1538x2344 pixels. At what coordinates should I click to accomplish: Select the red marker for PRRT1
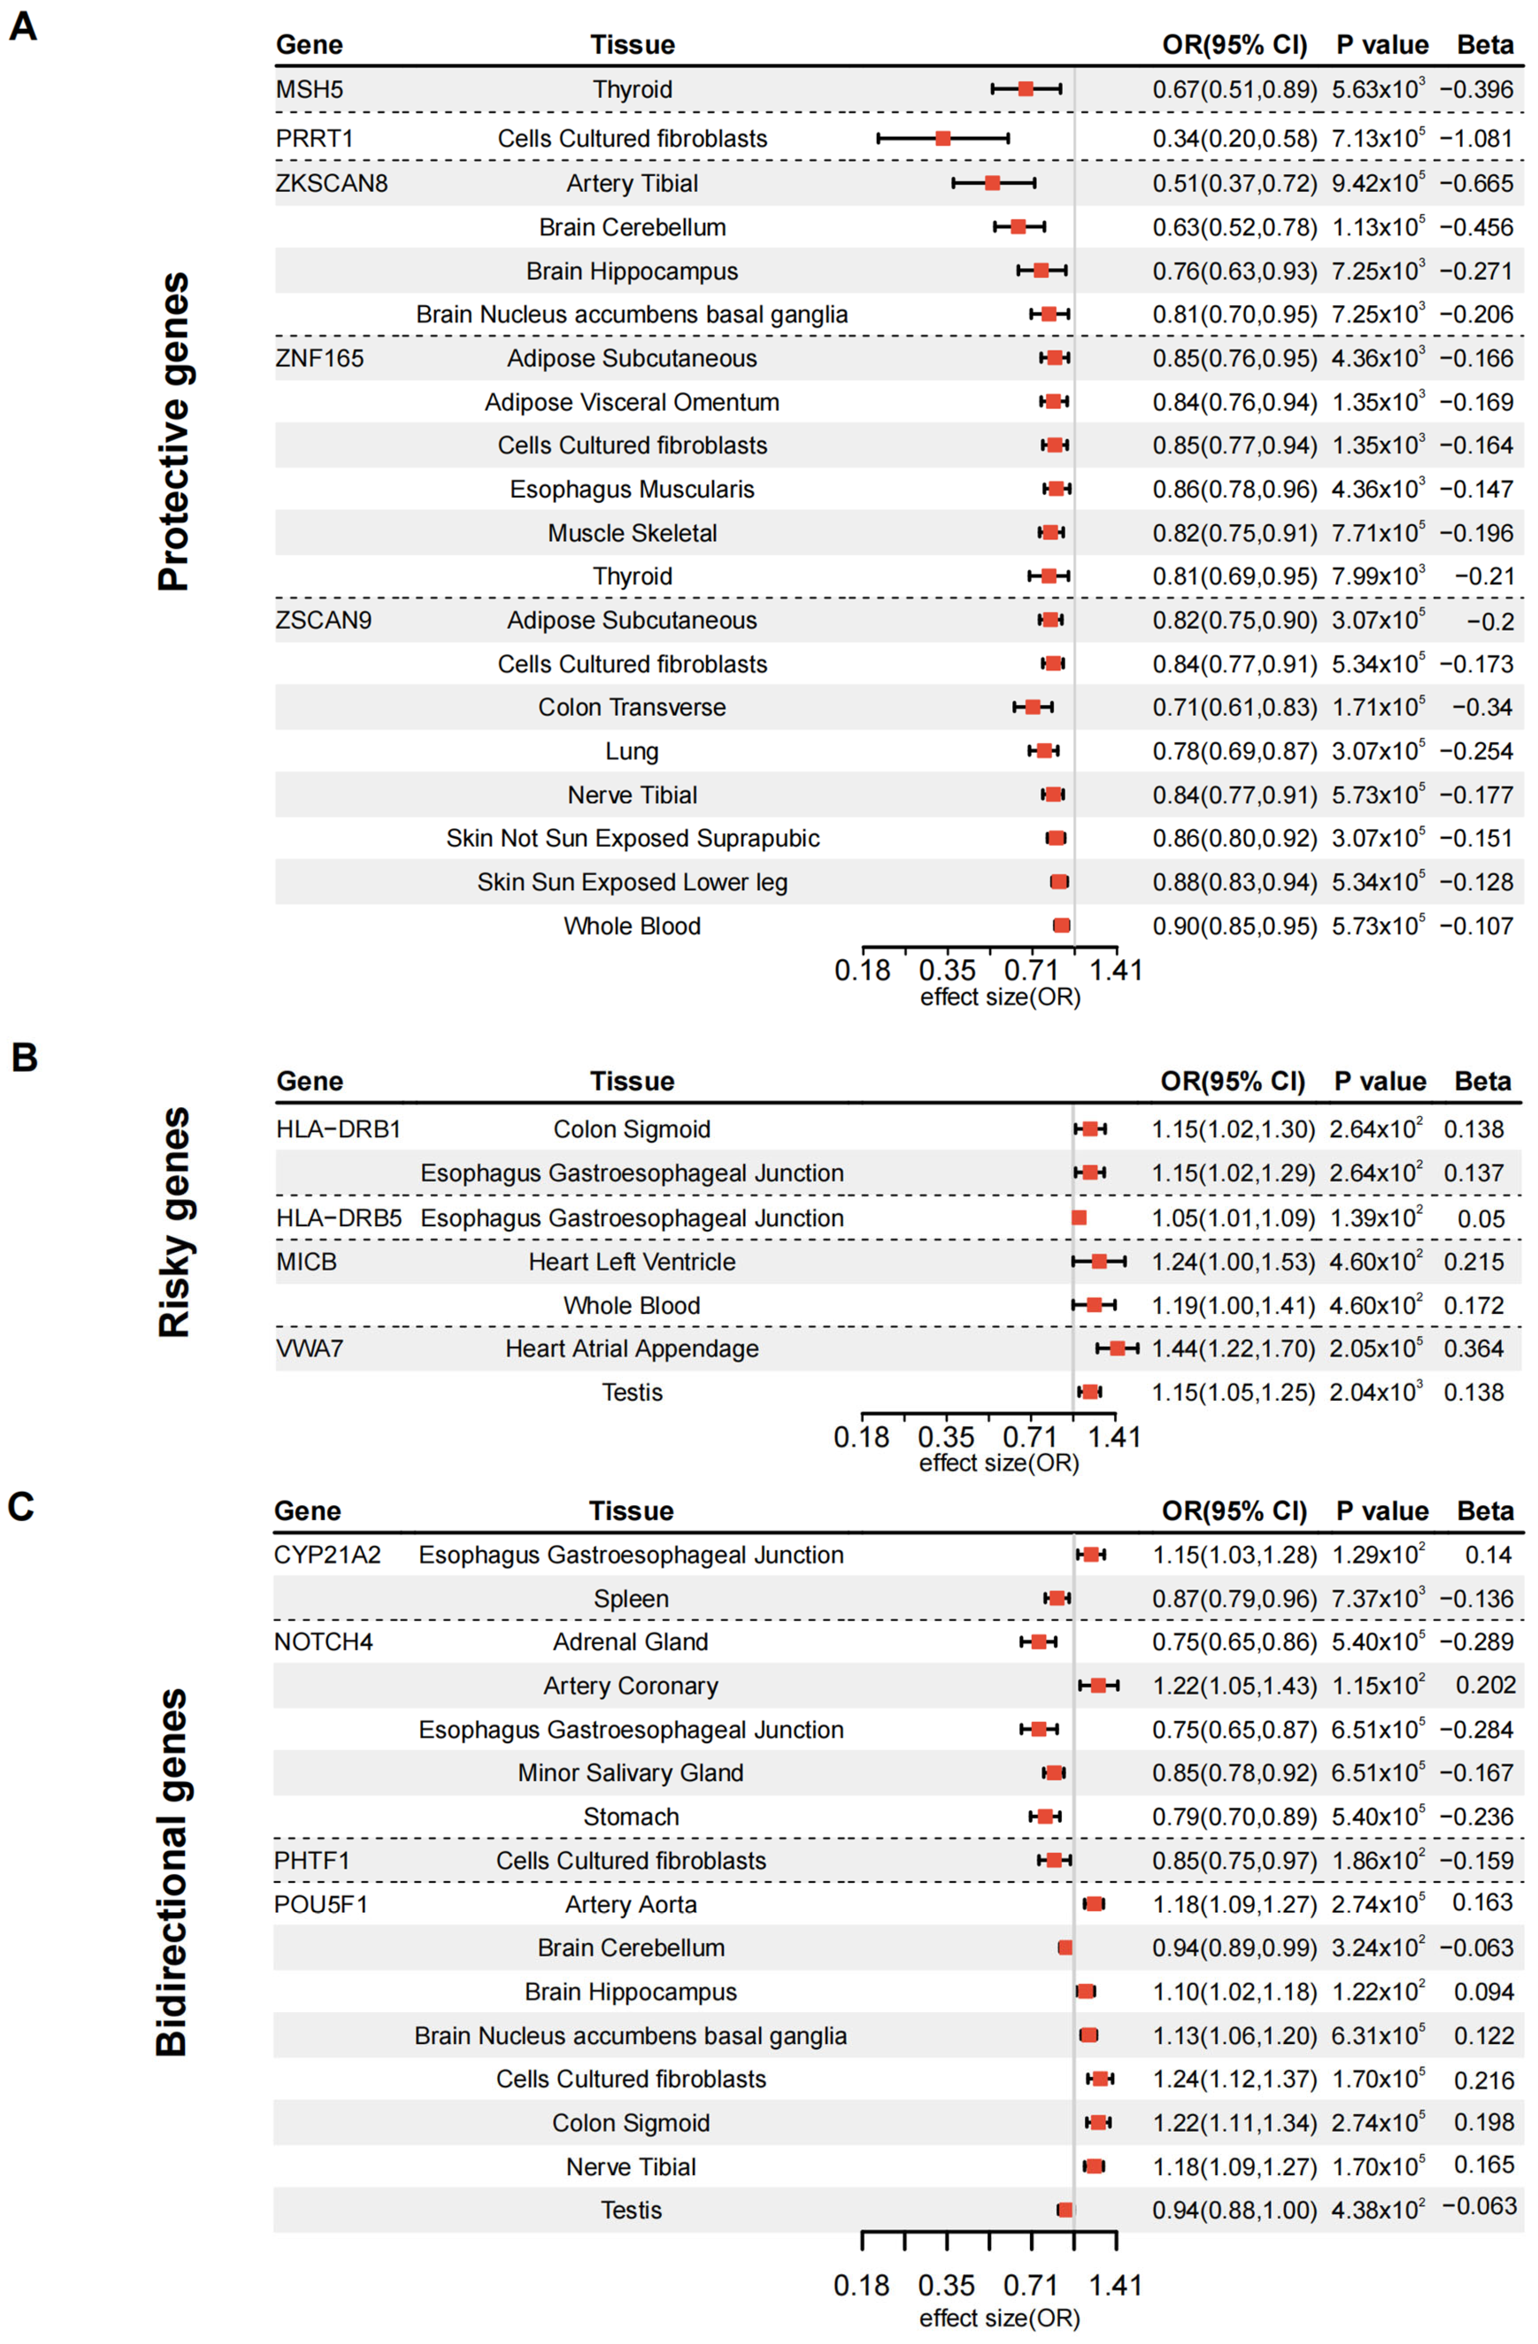[942, 138]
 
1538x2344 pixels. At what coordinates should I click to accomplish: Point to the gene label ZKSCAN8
[332, 183]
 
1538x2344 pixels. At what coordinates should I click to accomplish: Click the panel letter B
[24, 1057]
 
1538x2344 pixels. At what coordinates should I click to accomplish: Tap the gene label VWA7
[310, 1348]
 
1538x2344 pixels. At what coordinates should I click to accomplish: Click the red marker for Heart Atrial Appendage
[1117, 1348]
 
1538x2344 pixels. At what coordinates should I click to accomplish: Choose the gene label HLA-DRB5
[339, 1218]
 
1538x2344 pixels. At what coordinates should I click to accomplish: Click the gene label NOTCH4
[323, 1642]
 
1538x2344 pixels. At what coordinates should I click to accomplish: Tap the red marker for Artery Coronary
[1098, 1686]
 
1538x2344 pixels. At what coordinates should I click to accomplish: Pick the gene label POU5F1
[321, 1905]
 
